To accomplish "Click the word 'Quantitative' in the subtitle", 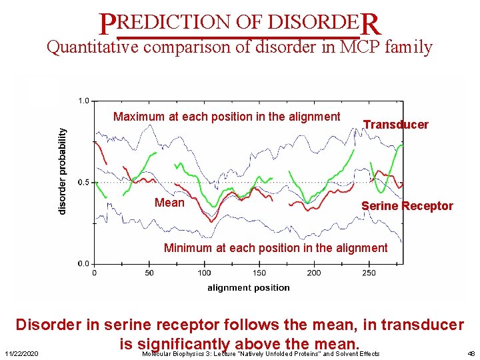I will [92, 48].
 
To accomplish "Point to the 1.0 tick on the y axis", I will [84, 101].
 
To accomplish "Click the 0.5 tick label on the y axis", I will [84, 182].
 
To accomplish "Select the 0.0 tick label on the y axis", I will [84, 263].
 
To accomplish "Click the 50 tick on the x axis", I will [149, 273].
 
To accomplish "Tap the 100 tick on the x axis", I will [204, 273].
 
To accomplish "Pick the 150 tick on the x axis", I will [259, 273].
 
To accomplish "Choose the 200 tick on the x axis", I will [314, 273].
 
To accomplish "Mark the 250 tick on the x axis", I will [369, 273].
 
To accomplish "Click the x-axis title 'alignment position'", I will [248, 288].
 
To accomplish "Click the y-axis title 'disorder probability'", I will [62, 171].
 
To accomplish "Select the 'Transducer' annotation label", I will [395, 125].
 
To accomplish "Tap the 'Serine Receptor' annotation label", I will [407, 206].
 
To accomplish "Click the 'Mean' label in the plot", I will [169, 203].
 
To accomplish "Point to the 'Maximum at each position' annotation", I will [227, 117].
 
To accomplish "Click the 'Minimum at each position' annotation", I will [275, 248].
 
